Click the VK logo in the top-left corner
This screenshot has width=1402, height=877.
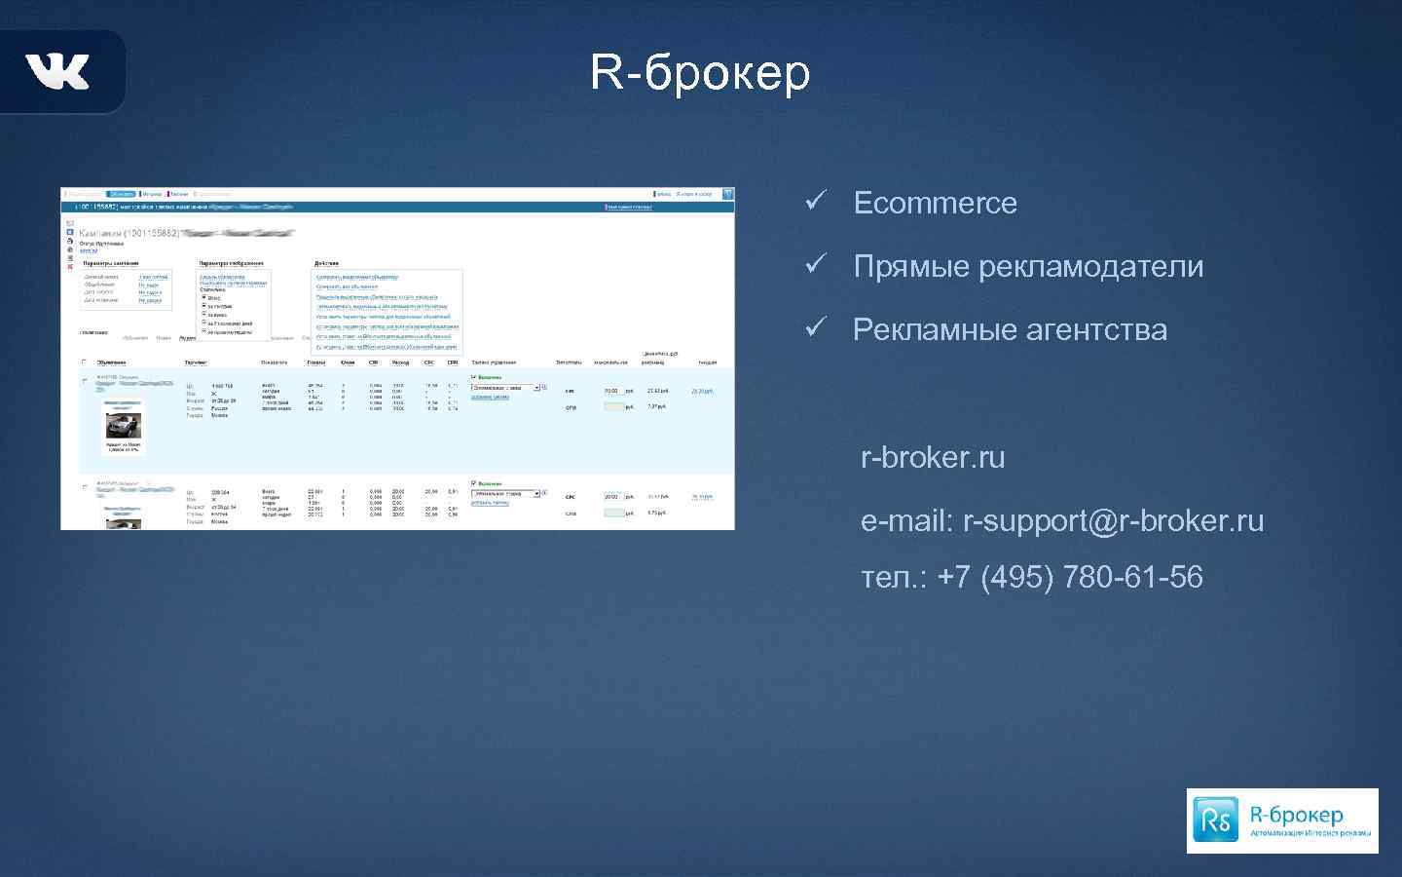click(57, 71)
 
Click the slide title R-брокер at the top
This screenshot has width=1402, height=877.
click(700, 71)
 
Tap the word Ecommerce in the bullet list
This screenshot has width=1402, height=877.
click(935, 203)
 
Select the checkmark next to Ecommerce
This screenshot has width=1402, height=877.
click(816, 201)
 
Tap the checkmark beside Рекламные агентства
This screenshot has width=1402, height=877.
click(816, 327)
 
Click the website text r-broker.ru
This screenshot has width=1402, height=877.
click(933, 457)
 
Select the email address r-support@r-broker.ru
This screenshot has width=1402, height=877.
click(1113, 520)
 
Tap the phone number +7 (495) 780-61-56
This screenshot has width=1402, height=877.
click(1070, 577)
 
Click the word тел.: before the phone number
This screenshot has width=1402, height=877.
click(894, 577)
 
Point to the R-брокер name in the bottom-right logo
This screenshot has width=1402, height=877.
click(1296, 814)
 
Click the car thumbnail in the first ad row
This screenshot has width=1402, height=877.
click(124, 426)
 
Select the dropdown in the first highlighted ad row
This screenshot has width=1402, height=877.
click(505, 388)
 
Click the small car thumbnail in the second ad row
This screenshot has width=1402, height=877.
click(124, 522)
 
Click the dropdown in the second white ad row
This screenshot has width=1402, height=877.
click(505, 494)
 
